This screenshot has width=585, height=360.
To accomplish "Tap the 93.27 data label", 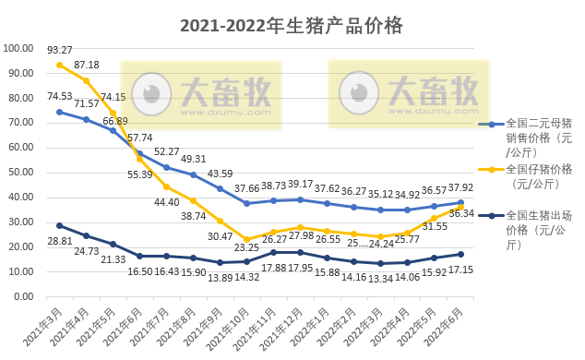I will (60, 50).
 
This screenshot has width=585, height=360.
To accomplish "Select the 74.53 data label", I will (60, 96).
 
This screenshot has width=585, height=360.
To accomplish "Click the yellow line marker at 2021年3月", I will (60, 66).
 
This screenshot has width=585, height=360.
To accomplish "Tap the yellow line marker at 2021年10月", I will (246, 239).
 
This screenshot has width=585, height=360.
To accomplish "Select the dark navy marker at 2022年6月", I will (460, 254).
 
